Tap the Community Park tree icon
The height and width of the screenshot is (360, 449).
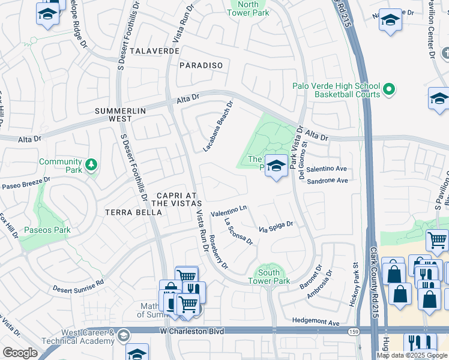(91, 164)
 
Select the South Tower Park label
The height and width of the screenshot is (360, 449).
(269, 277)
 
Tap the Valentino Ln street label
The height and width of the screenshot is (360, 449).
(229, 211)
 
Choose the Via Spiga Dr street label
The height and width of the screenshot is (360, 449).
(276, 227)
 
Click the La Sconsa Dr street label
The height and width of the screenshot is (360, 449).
(238, 231)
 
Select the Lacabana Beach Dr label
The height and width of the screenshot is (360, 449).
(218, 126)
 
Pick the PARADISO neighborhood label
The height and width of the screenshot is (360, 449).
(201, 65)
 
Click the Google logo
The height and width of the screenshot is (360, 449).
(20, 353)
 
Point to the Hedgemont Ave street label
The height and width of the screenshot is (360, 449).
(316, 323)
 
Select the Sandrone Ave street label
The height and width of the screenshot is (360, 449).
(327, 180)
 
